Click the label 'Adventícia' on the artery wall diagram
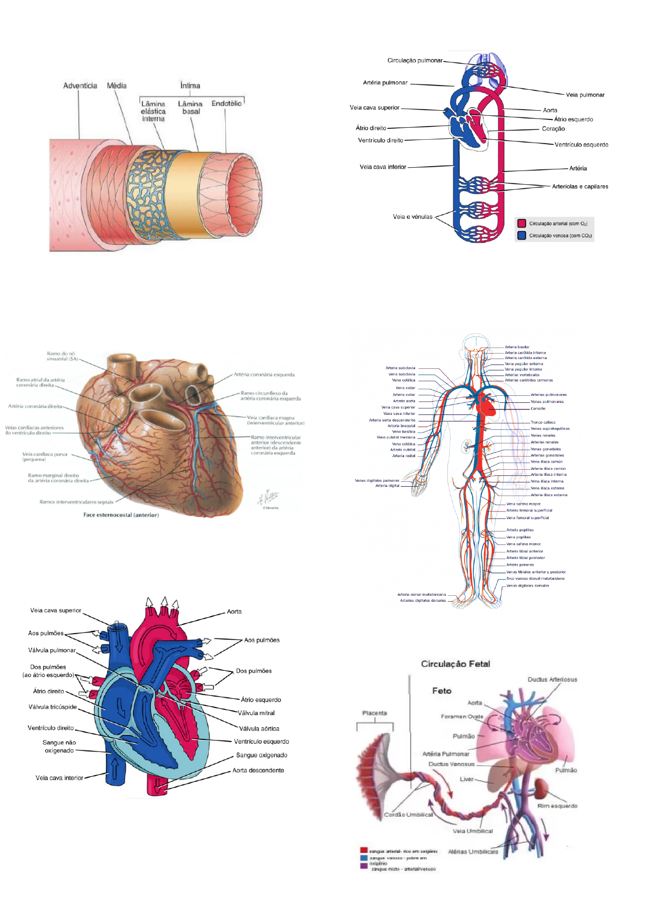click(x=80, y=86)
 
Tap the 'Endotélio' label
click(x=226, y=104)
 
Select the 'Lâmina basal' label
click(x=190, y=107)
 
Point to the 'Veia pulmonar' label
click(x=585, y=95)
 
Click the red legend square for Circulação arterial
click(x=521, y=224)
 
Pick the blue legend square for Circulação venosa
click(x=521, y=236)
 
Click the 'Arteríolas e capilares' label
click(x=580, y=186)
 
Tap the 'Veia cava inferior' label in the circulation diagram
click(x=383, y=167)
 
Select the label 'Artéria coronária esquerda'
click(x=264, y=375)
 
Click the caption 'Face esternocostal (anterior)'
click(x=121, y=515)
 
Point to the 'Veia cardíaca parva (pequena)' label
click(x=44, y=457)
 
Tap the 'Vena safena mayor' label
click(x=523, y=504)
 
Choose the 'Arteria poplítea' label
click(x=520, y=530)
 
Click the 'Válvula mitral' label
click(x=257, y=713)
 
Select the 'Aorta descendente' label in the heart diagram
click(x=258, y=770)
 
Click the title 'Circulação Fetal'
click(x=456, y=664)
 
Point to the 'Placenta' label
click(x=374, y=713)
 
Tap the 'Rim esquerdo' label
click(x=557, y=806)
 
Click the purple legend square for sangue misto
click(x=364, y=866)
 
